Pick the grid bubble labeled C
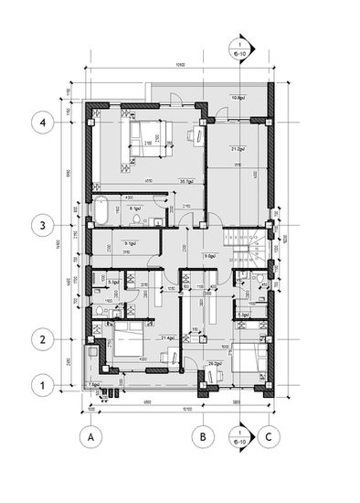(268, 438)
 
